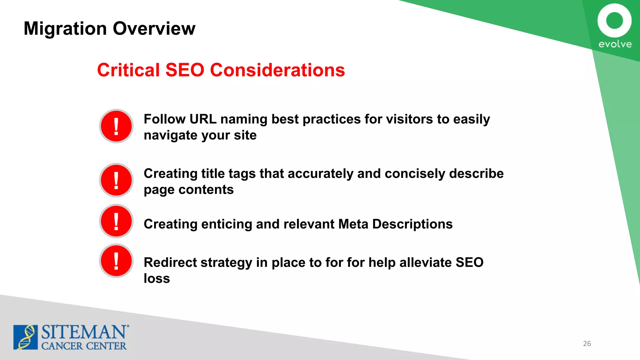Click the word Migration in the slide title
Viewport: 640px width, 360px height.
pos(65,28)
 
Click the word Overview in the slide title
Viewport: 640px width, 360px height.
pos(154,28)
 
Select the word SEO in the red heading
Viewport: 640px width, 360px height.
pos(185,70)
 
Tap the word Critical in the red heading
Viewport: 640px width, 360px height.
pos(128,70)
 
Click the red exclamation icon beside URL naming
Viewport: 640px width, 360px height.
pos(116,126)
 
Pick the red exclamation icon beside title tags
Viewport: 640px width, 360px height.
pos(116,180)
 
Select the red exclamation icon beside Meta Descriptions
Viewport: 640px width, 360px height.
pos(116,221)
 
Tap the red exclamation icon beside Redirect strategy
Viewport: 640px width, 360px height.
pos(116,261)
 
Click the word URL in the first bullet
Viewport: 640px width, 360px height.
pos(203,119)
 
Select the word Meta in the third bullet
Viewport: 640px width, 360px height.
pos(353,224)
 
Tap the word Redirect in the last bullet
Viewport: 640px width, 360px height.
pos(170,262)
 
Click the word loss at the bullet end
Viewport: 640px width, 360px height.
pos(157,278)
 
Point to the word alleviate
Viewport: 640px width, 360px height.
pos(425,262)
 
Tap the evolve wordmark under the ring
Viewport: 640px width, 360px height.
pos(615,44)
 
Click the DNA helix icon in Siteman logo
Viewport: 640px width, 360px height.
pos(26,337)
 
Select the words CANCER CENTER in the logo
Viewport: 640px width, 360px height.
pos(84,346)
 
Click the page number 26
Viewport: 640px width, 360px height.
pos(587,343)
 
